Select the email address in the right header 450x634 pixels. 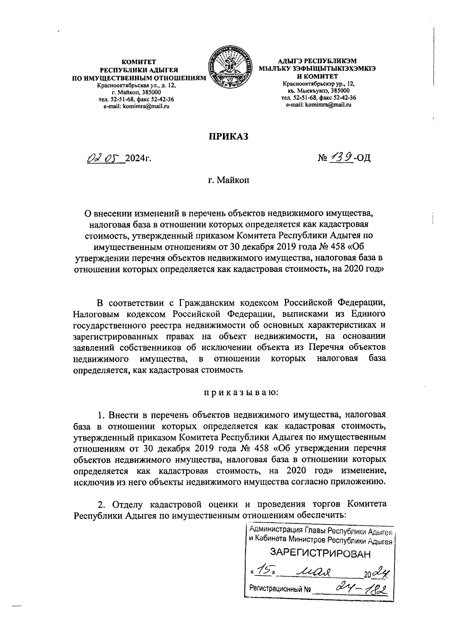click(x=318, y=105)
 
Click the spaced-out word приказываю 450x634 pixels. click(x=240, y=393)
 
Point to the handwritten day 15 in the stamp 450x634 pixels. click(x=264, y=570)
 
